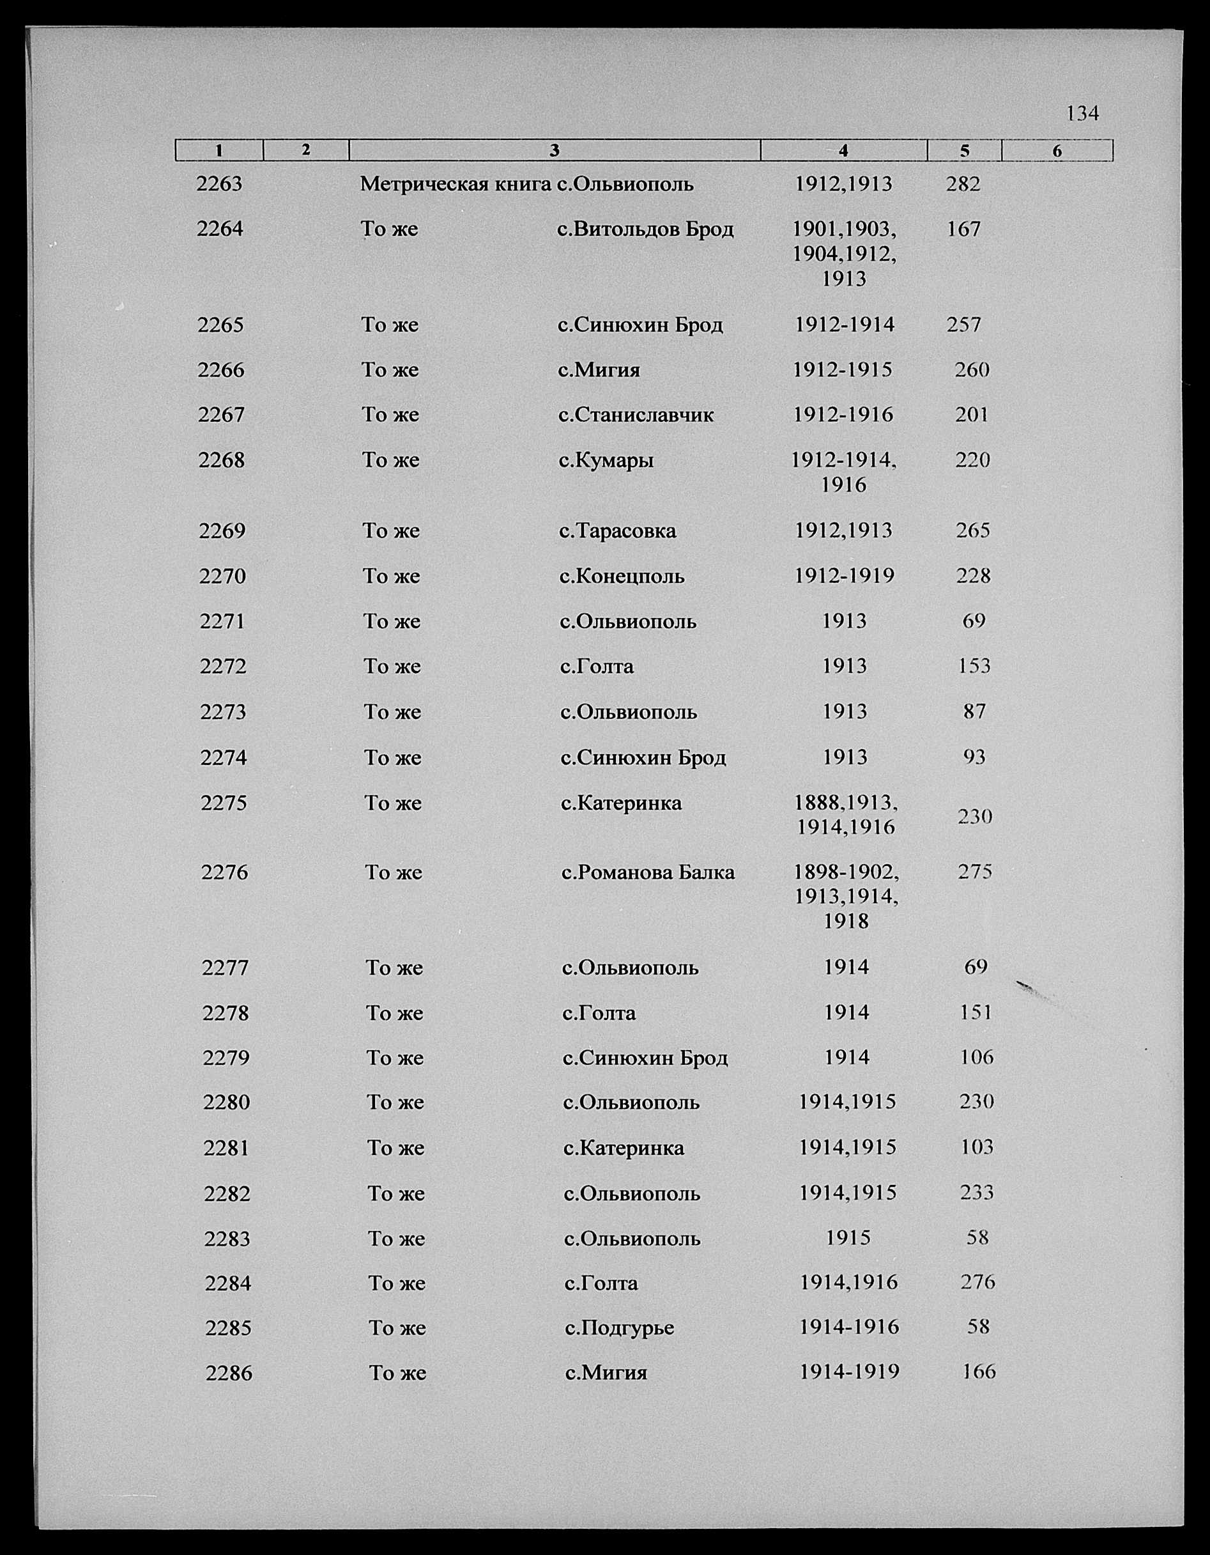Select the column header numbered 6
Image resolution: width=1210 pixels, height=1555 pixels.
coord(1057,151)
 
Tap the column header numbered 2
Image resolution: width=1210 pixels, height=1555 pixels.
coord(305,150)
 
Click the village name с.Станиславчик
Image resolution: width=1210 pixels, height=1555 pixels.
coord(636,414)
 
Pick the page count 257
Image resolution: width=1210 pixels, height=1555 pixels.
coord(964,325)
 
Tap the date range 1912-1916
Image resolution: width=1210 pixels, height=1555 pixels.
coord(843,414)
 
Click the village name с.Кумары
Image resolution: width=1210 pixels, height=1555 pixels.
coord(606,461)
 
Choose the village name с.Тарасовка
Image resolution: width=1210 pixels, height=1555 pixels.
coord(617,530)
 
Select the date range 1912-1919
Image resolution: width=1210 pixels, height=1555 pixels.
coord(844,575)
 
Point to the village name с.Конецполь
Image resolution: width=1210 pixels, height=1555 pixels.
coord(622,576)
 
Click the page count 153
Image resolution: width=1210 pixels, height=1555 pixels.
coord(974,666)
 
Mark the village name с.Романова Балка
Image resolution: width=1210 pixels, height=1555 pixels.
coord(648,872)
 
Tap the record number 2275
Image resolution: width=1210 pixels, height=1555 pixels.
coord(224,803)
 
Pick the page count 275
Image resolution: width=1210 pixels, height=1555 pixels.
coord(974,872)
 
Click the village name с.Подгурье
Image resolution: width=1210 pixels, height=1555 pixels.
coord(619,1328)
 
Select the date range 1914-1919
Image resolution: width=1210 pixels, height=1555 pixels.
coord(849,1372)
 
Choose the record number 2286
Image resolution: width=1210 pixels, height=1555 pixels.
coord(229,1373)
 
